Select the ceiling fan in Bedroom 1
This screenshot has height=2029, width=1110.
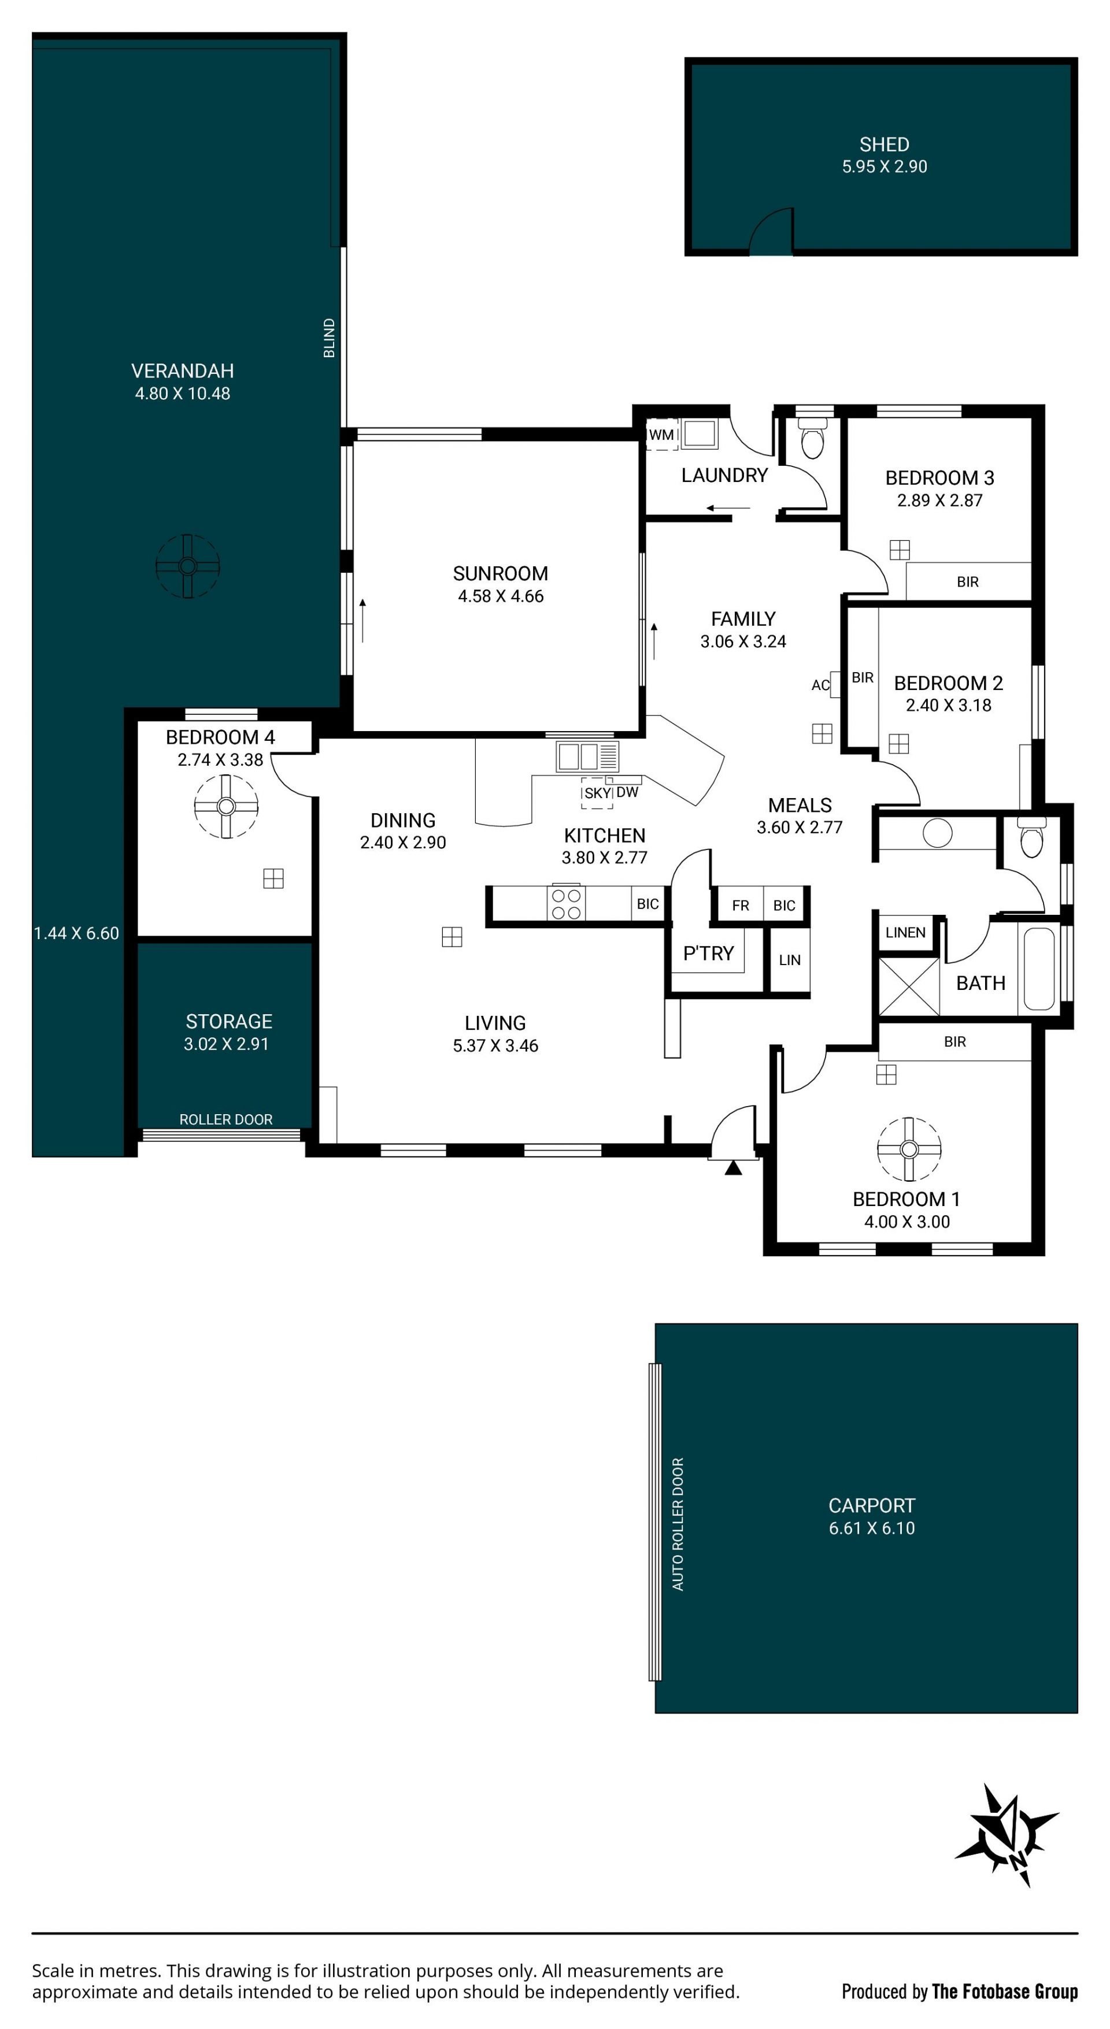pyautogui.click(x=908, y=1149)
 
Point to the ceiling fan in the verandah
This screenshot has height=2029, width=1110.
pyautogui.click(x=187, y=566)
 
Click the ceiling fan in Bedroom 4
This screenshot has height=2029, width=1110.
pyautogui.click(x=226, y=806)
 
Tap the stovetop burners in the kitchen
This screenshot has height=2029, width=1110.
pyautogui.click(x=567, y=903)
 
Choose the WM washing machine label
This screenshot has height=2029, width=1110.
pyautogui.click(x=662, y=435)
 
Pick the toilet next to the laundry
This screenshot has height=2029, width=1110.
pyautogui.click(x=812, y=438)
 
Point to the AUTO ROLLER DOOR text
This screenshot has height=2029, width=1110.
pyautogui.click(x=678, y=1524)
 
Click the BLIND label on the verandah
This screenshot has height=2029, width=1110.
pyautogui.click(x=330, y=338)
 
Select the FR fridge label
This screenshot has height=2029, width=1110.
pyautogui.click(x=741, y=906)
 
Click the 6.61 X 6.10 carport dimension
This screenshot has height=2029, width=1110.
pyautogui.click(x=871, y=1528)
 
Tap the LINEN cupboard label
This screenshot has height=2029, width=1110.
pyautogui.click(x=905, y=933)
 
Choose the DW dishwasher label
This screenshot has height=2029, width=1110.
pyautogui.click(x=627, y=792)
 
